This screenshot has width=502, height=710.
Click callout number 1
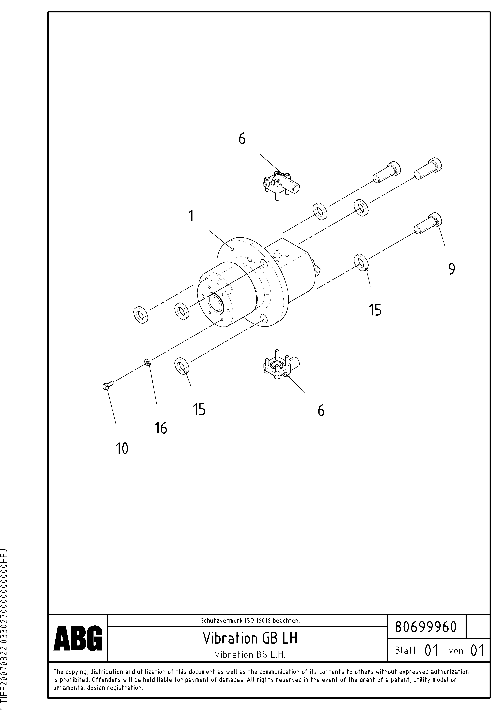(191, 216)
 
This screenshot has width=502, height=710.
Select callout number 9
(452, 269)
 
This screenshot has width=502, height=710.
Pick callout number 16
(161, 428)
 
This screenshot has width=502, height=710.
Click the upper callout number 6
(242, 139)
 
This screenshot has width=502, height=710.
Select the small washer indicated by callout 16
(148, 362)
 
